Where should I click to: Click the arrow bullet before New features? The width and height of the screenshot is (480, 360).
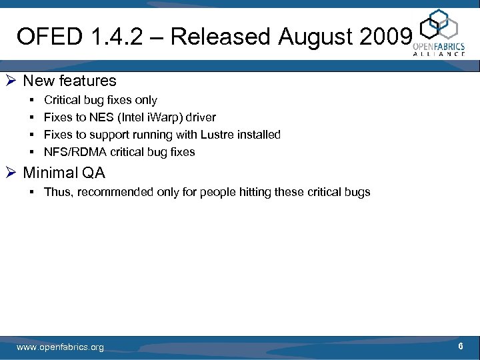(11, 81)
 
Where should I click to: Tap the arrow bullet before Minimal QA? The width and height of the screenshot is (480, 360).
(11, 173)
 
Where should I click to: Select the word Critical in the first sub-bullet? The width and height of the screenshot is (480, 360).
(63, 100)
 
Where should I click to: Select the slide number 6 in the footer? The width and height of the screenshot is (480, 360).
(461, 347)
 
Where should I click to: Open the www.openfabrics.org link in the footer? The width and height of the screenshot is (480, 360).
(60, 347)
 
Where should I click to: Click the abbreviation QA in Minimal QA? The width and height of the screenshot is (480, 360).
(93, 173)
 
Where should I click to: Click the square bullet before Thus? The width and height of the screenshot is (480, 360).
(31, 193)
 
